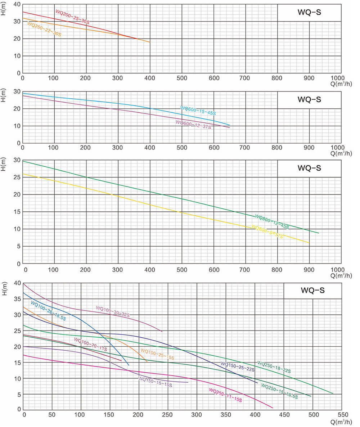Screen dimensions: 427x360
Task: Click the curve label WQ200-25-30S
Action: (x=72, y=17)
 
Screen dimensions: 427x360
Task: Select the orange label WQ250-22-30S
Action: (x=44, y=29)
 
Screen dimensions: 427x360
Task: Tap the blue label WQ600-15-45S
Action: (x=198, y=110)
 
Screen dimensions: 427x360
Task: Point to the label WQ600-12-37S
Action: (x=193, y=125)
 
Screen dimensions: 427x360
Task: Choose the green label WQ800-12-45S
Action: (x=272, y=221)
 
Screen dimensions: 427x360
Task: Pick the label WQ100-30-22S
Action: (x=113, y=311)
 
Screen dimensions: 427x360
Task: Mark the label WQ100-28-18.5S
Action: (x=48, y=310)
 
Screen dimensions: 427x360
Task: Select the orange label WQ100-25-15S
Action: (x=157, y=354)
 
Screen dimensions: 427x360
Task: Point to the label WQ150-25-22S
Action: (x=238, y=367)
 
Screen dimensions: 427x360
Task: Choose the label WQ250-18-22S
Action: (x=274, y=367)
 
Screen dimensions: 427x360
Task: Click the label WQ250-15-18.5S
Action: (x=279, y=391)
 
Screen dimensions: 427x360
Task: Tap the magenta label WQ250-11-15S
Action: (x=225, y=395)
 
